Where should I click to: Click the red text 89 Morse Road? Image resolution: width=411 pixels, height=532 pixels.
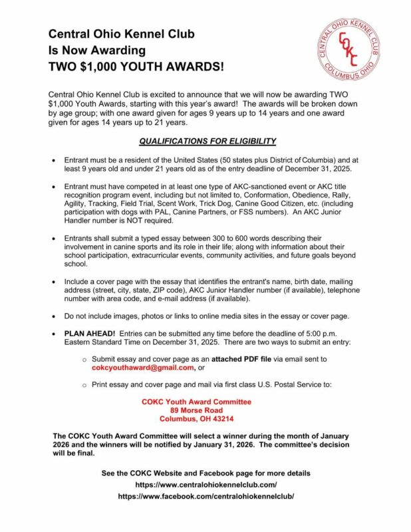pos(196,411)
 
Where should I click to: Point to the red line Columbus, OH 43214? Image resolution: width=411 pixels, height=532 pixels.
pos(196,420)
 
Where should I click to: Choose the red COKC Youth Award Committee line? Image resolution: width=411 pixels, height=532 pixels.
pos(196,402)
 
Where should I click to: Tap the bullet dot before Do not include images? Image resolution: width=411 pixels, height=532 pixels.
pos(54,316)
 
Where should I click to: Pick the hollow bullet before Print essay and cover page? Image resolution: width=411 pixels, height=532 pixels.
pos(84,385)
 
